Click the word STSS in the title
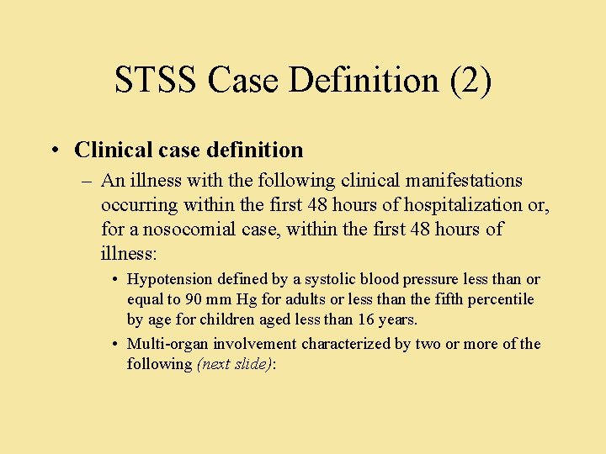tap(157, 81)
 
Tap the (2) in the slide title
tap(470, 81)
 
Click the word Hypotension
tap(171, 279)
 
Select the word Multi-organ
tap(167, 344)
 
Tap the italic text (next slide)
tap(235, 364)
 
